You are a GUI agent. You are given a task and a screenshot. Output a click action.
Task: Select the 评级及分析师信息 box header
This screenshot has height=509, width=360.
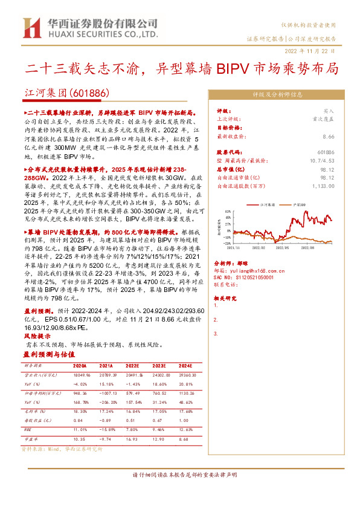point(277,94)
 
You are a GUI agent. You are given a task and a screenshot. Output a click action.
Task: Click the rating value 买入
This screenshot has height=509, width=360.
point(329,112)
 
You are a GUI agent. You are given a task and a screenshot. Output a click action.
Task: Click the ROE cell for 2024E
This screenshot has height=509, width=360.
point(185,430)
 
